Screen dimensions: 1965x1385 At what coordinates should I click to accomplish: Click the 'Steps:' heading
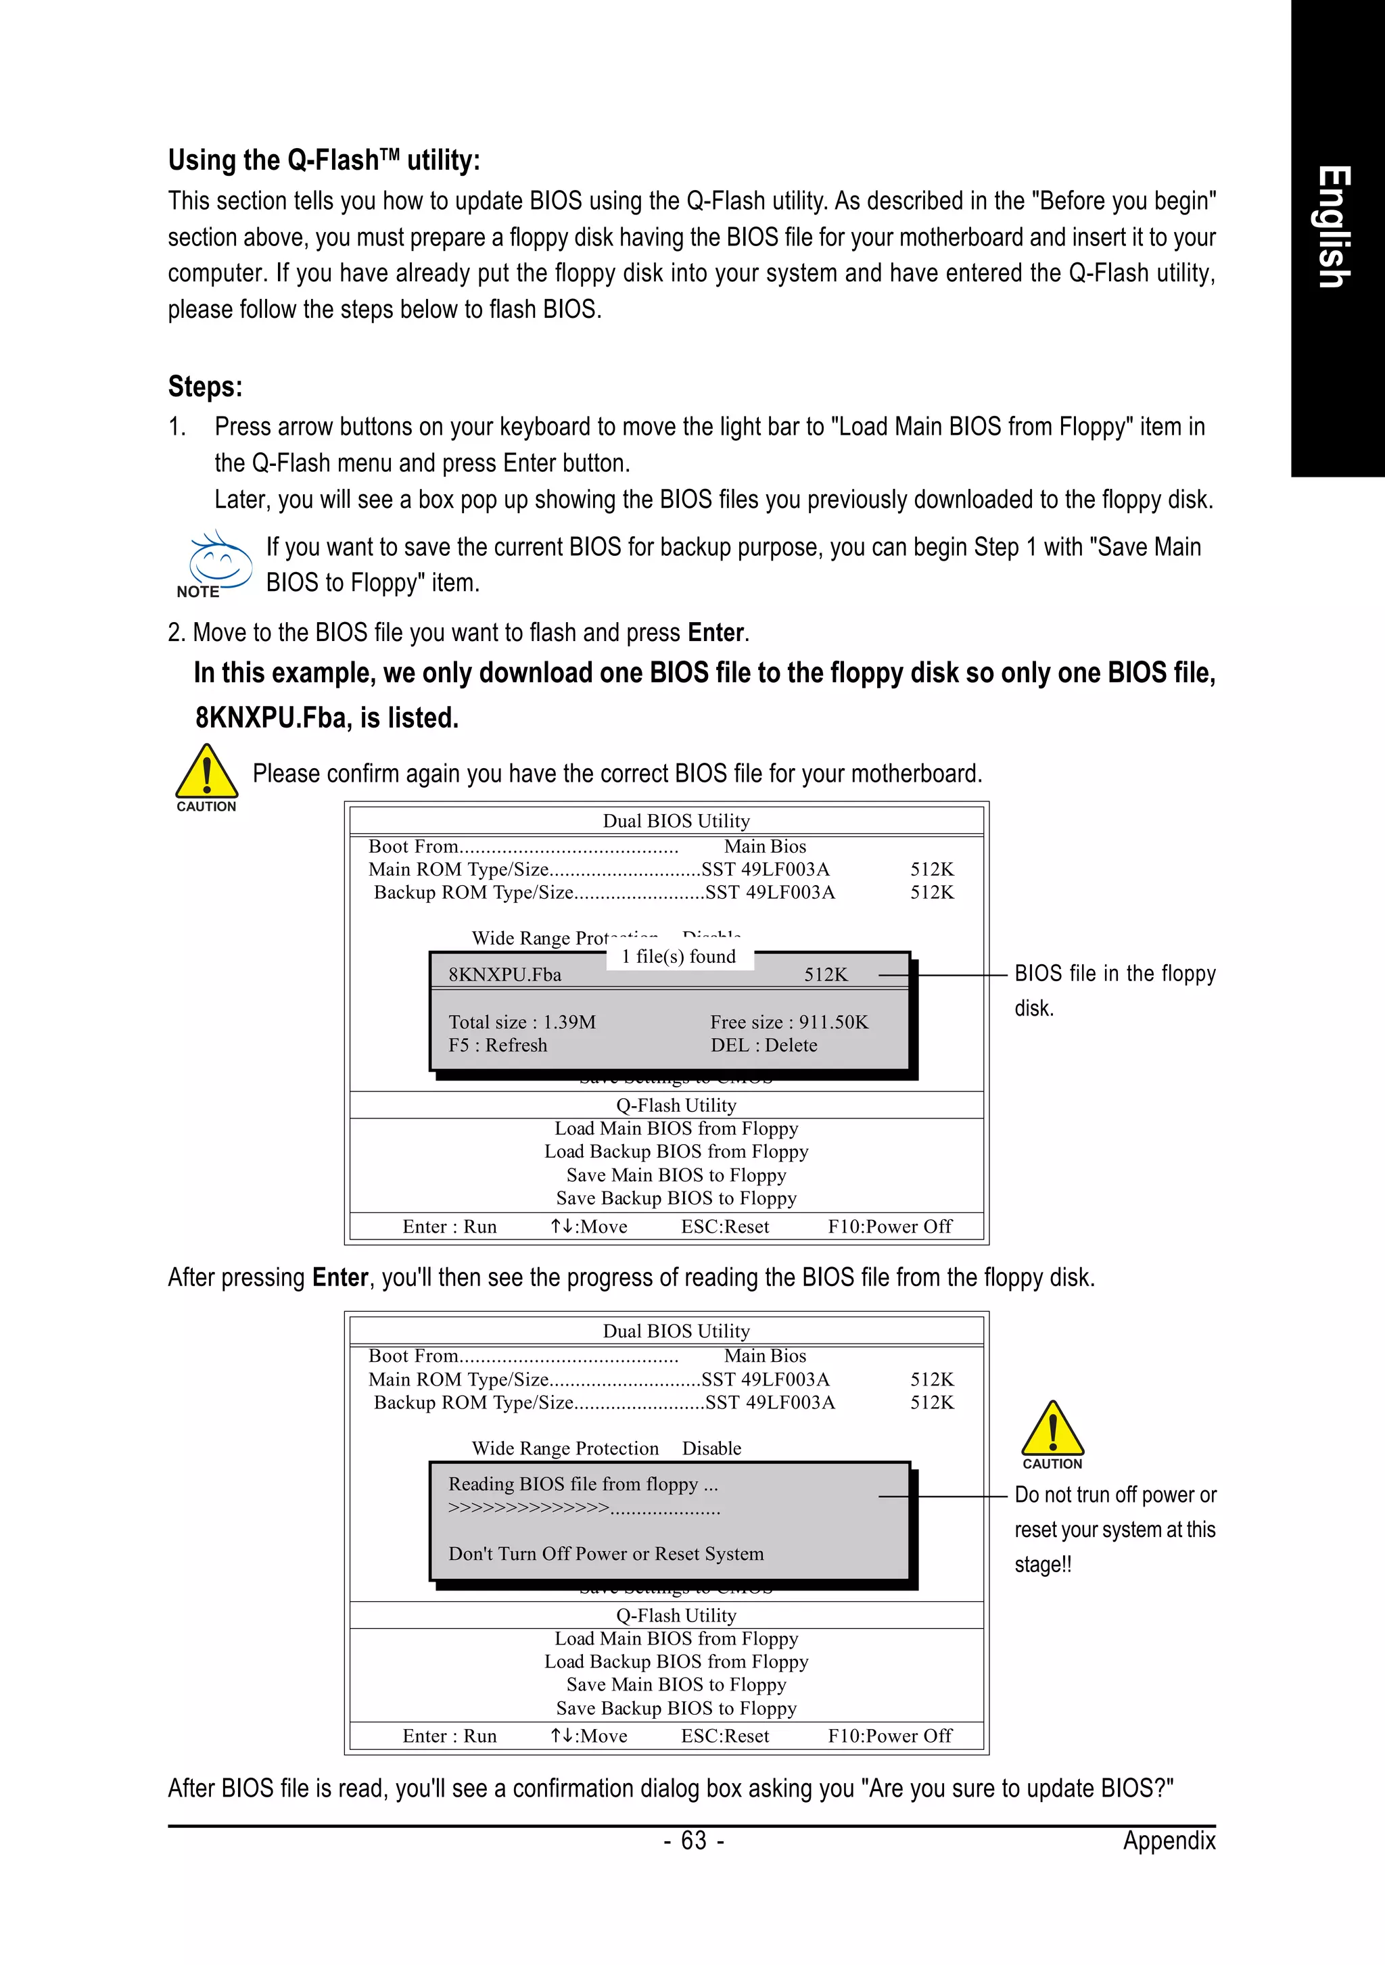pyautogui.click(x=206, y=386)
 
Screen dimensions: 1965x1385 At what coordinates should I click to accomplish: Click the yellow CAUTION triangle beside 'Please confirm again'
pyautogui.click(x=206, y=772)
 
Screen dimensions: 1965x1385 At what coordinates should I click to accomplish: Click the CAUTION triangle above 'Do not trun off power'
pyautogui.click(x=1052, y=1429)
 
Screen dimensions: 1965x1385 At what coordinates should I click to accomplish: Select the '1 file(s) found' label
pyautogui.click(x=679, y=956)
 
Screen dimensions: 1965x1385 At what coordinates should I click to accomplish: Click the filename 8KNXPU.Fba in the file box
pyautogui.click(x=505, y=975)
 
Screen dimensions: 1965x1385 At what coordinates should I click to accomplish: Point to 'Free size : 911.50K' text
pyautogui.click(x=789, y=1022)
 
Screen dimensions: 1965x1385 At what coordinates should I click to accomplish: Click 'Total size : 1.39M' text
pyautogui.click(x=522, y=1022)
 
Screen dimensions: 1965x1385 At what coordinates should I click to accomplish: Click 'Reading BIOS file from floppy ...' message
pyautogui.click(x=583, y=1484)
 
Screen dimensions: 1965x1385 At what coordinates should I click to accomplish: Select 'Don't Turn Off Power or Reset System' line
pyautogui.click(x=606, y=1553)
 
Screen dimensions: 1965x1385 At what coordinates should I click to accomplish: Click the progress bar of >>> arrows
pyautogui.click(x=584, y=1508)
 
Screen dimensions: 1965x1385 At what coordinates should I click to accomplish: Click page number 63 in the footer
pyautogui.click(x=693, y=1840)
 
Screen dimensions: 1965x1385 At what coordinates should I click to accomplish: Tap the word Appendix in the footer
pyautogui.click(x=1169, y=1840)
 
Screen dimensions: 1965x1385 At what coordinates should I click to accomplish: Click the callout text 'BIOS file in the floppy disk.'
pyautogui.click(x=1114, y=989)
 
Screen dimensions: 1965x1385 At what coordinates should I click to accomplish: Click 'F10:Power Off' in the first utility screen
pyautogui.click(x=889, y=1227)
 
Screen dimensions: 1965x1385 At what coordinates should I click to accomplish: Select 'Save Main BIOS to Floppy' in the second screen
pyautogui.click(x=676, y=1684)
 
